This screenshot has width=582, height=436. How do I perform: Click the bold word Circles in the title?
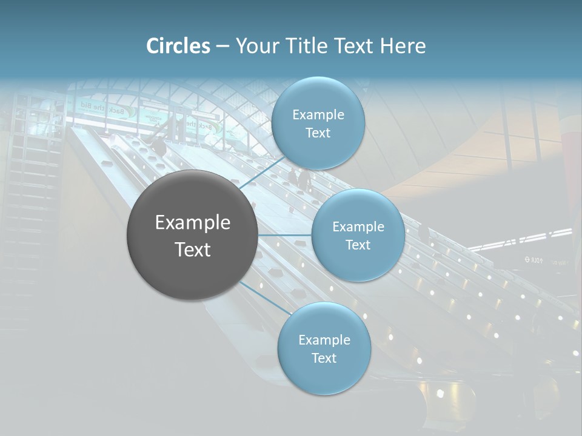(x=178, y=46)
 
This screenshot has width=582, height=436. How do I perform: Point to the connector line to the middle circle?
(x=285, y=235)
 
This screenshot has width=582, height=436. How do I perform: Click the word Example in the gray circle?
(x=193, y=223)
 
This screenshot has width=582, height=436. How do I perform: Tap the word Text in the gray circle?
(x=193, y=249)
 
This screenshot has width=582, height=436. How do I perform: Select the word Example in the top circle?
(x=318, y=115)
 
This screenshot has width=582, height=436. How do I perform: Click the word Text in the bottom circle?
(x=324, y=358)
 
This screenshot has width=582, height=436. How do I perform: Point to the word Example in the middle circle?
(x=358, y=227)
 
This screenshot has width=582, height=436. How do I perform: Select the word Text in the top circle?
(x=318, y=133)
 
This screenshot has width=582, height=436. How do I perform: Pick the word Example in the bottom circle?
(x=324, y=340)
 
